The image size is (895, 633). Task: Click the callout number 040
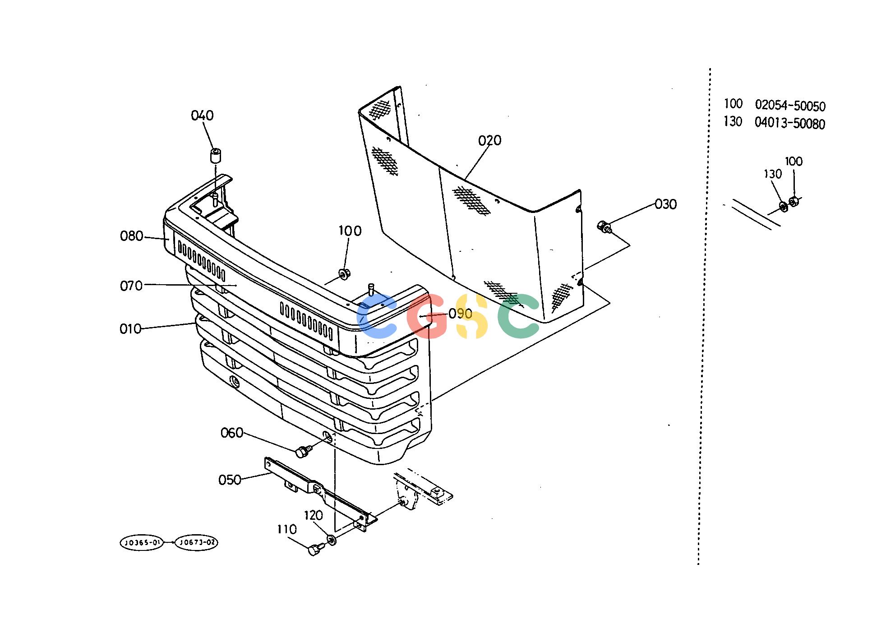pyautogui.click(x=202, y=116)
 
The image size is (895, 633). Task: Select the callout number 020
pyautogui.click(x=489, y=141)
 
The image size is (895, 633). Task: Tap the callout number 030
pyautogui.click(x=665, y=204)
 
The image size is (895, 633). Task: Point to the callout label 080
pyautogui.click(x=131, y=236)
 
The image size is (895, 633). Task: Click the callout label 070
pyautogui.click(x=131, y=286)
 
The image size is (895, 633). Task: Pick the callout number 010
pyautogui.click(x=130, y=329)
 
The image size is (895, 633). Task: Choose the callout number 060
pyautogui.click(x=232, y=433)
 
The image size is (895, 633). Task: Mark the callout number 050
pyautogui.click(x=230, y=480)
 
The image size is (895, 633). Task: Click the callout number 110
pyautogui.click(x=287, y=529)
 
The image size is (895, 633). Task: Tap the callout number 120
pyautogui.click(x=314, y=515)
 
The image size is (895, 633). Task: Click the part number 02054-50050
pyautogui.click(x=790, y=106)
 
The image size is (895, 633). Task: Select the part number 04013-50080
pyautogui.click(x=790, y=123)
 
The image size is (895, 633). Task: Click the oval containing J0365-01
pyautogui.click(x=142, y=542)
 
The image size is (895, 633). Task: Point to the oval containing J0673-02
pyautogui.click(x=196, y=542)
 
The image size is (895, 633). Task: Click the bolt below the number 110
pyautogui.click(x=315, y=550)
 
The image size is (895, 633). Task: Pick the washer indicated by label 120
pyautogui.click(x=331, y=539)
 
